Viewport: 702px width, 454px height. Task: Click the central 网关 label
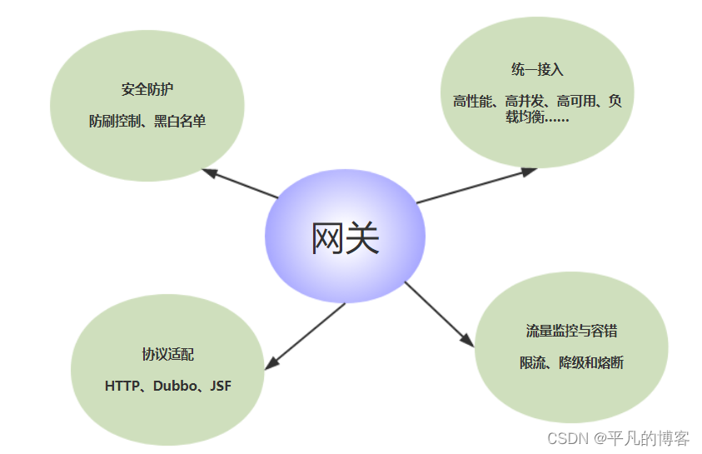coord(345,239)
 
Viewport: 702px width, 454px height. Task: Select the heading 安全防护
coord(147,89)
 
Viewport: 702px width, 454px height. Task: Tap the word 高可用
coord(574,102)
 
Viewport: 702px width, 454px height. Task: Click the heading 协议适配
coord(168,354)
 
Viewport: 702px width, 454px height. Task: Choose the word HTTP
coord(123,387)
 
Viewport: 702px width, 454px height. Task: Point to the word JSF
coord(221,387)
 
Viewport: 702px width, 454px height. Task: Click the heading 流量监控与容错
coord(571,331)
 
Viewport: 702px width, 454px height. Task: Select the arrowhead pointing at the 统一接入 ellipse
coord(530,171)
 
